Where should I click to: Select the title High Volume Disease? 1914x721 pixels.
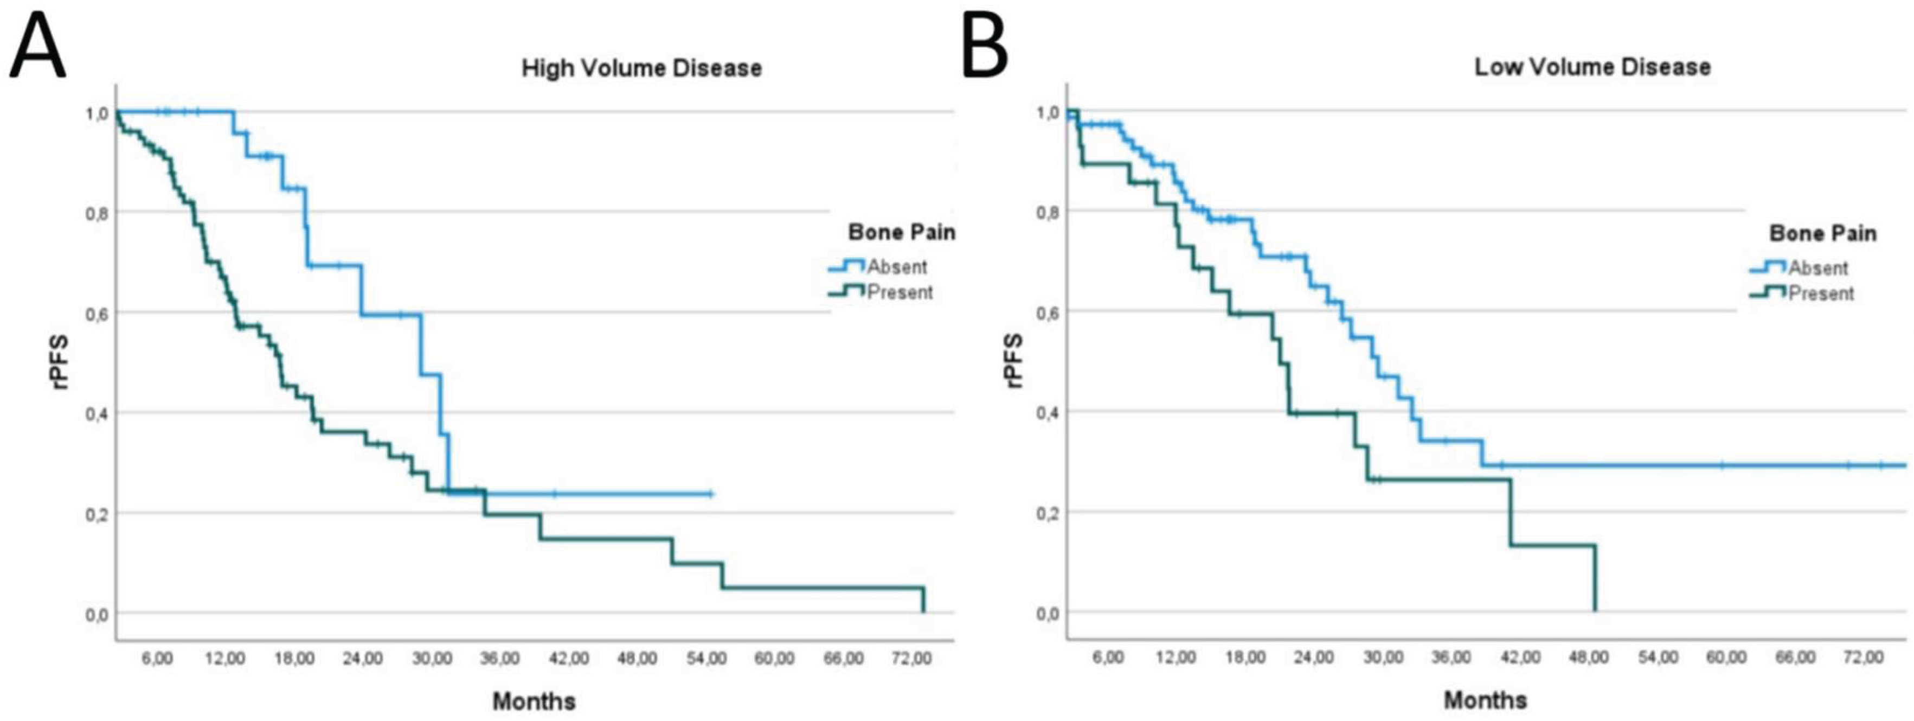coord(641,68)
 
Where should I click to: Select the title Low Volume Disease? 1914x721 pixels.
coord(1592,67)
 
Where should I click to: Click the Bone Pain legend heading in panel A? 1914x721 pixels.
coord(901,233)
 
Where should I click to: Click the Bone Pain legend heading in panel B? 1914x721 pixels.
coord(1822,233)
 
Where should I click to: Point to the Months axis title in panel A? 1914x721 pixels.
coord(534,701)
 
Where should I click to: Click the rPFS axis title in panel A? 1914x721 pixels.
coord(60,362)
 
